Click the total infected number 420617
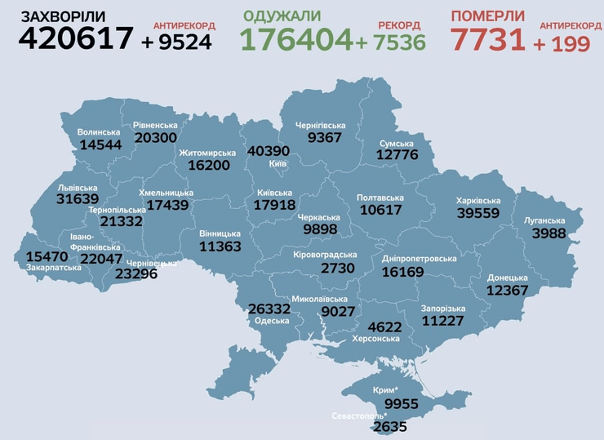[76, 38]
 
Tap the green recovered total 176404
[296, 39]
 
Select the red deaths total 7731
[488, 38]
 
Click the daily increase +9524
[176, 41]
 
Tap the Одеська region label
[272, 320]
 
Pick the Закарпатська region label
[53, 267]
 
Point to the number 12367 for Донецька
[507, 290]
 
